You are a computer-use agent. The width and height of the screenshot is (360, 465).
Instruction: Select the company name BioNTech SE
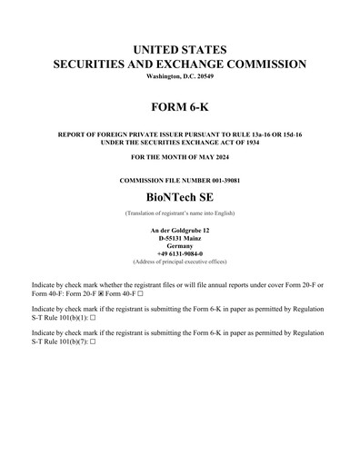point(180,196)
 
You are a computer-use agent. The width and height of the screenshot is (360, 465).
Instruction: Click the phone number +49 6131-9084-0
point(180,254)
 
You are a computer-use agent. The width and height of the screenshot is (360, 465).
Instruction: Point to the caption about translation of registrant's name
point(180,212)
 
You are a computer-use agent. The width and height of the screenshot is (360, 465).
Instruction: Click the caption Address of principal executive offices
point(180,262)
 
